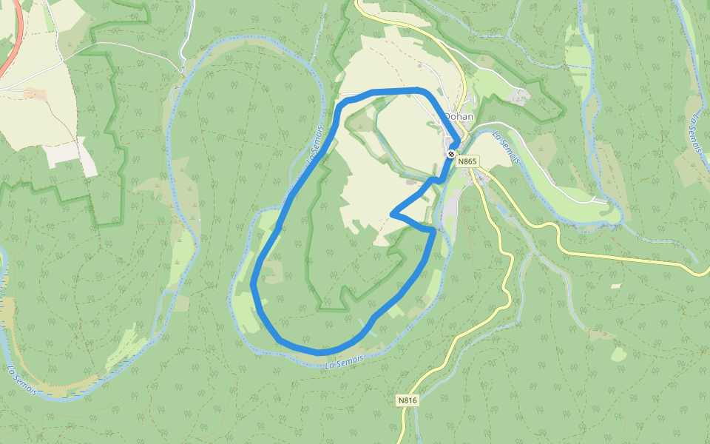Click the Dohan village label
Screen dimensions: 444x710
tap(459, 116)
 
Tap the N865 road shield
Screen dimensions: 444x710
tap(467, 161)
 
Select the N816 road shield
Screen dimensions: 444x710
tap(408, 400)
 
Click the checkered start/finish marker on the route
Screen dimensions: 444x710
tap(450, 153)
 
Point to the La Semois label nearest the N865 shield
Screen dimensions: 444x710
tap(508, 148)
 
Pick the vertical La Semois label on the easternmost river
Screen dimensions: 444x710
tap(695, 133)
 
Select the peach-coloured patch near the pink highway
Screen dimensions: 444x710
tap(34, 93)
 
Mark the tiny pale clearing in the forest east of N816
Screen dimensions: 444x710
tap(616, 286)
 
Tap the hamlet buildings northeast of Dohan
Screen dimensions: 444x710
tap(522, 95)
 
